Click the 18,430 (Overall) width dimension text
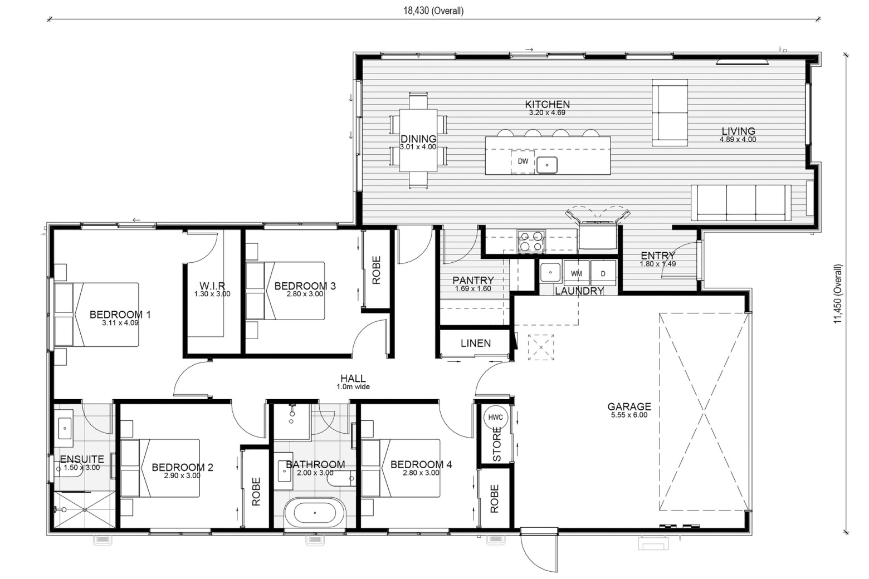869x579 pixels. tap(433, 11)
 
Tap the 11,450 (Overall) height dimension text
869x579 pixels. tap(838, 293)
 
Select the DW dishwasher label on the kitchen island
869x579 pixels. tap(523, 161)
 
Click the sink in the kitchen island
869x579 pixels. tap(547, 165)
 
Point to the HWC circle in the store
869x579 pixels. tap(495, 418)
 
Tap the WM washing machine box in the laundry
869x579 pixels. tap(577, 273)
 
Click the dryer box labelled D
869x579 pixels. tap(603, 273)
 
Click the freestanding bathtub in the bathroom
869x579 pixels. tap(315, 513)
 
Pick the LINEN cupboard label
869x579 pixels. tap(476, 343)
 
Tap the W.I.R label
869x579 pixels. tap(212, 286)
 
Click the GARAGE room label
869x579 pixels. tap(629, 406)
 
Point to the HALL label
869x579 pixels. tap(353, 378)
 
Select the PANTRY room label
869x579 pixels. tap(473, 280)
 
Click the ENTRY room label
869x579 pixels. tap(658, 256)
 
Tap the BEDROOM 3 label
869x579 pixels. tap(305, 286)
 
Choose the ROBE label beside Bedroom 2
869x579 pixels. tap(256, 492)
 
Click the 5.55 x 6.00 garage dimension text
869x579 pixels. tap(629, 415)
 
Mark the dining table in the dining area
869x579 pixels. tap(418, 140)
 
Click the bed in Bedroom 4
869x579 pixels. tap(401, 468)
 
